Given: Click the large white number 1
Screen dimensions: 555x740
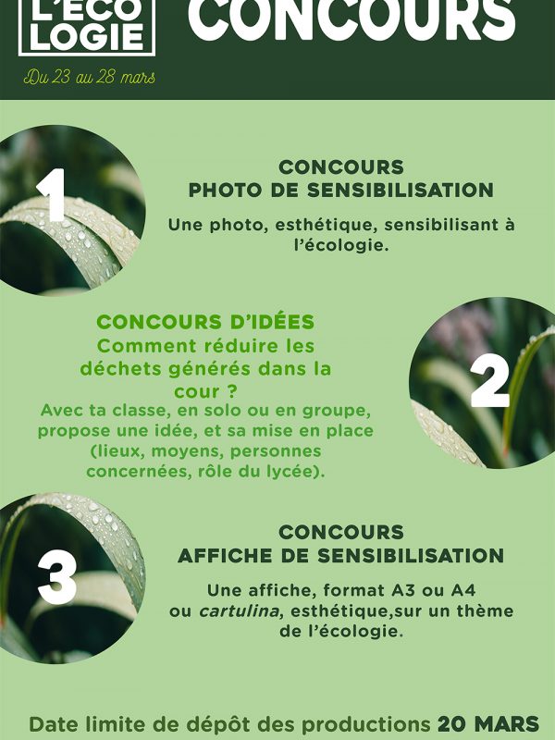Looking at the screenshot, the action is pos(52,194).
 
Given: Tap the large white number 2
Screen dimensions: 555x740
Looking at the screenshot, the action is pos(490,381).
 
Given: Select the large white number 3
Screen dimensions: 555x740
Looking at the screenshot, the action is pos(57,576).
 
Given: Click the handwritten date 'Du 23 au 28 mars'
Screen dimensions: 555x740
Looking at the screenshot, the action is pos(89,77).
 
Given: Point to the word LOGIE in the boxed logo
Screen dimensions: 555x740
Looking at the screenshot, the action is pos(87,39).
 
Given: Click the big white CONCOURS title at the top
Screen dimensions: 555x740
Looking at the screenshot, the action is pos(351,18).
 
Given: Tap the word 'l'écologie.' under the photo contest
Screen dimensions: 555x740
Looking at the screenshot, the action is pos(341,245).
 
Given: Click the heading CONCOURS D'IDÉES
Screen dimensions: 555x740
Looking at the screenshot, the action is pos(205,322).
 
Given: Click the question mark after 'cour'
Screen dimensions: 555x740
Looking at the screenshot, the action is pos(230,391).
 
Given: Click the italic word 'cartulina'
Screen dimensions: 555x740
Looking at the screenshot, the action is pos(240,611).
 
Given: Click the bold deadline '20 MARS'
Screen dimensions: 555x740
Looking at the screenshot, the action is pos(488,724).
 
